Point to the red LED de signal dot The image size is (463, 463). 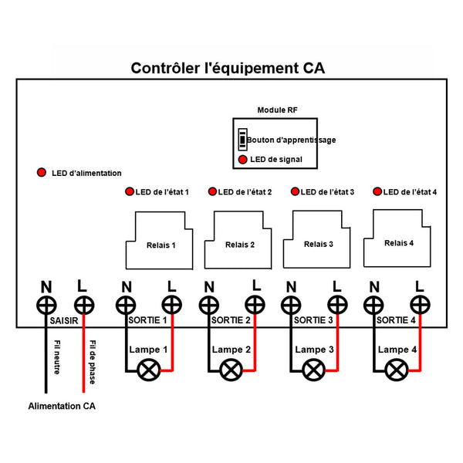243,160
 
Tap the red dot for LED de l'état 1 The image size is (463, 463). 129,191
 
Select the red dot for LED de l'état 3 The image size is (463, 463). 294,191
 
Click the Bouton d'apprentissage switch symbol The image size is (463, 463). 242,140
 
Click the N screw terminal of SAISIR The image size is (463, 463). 48,304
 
